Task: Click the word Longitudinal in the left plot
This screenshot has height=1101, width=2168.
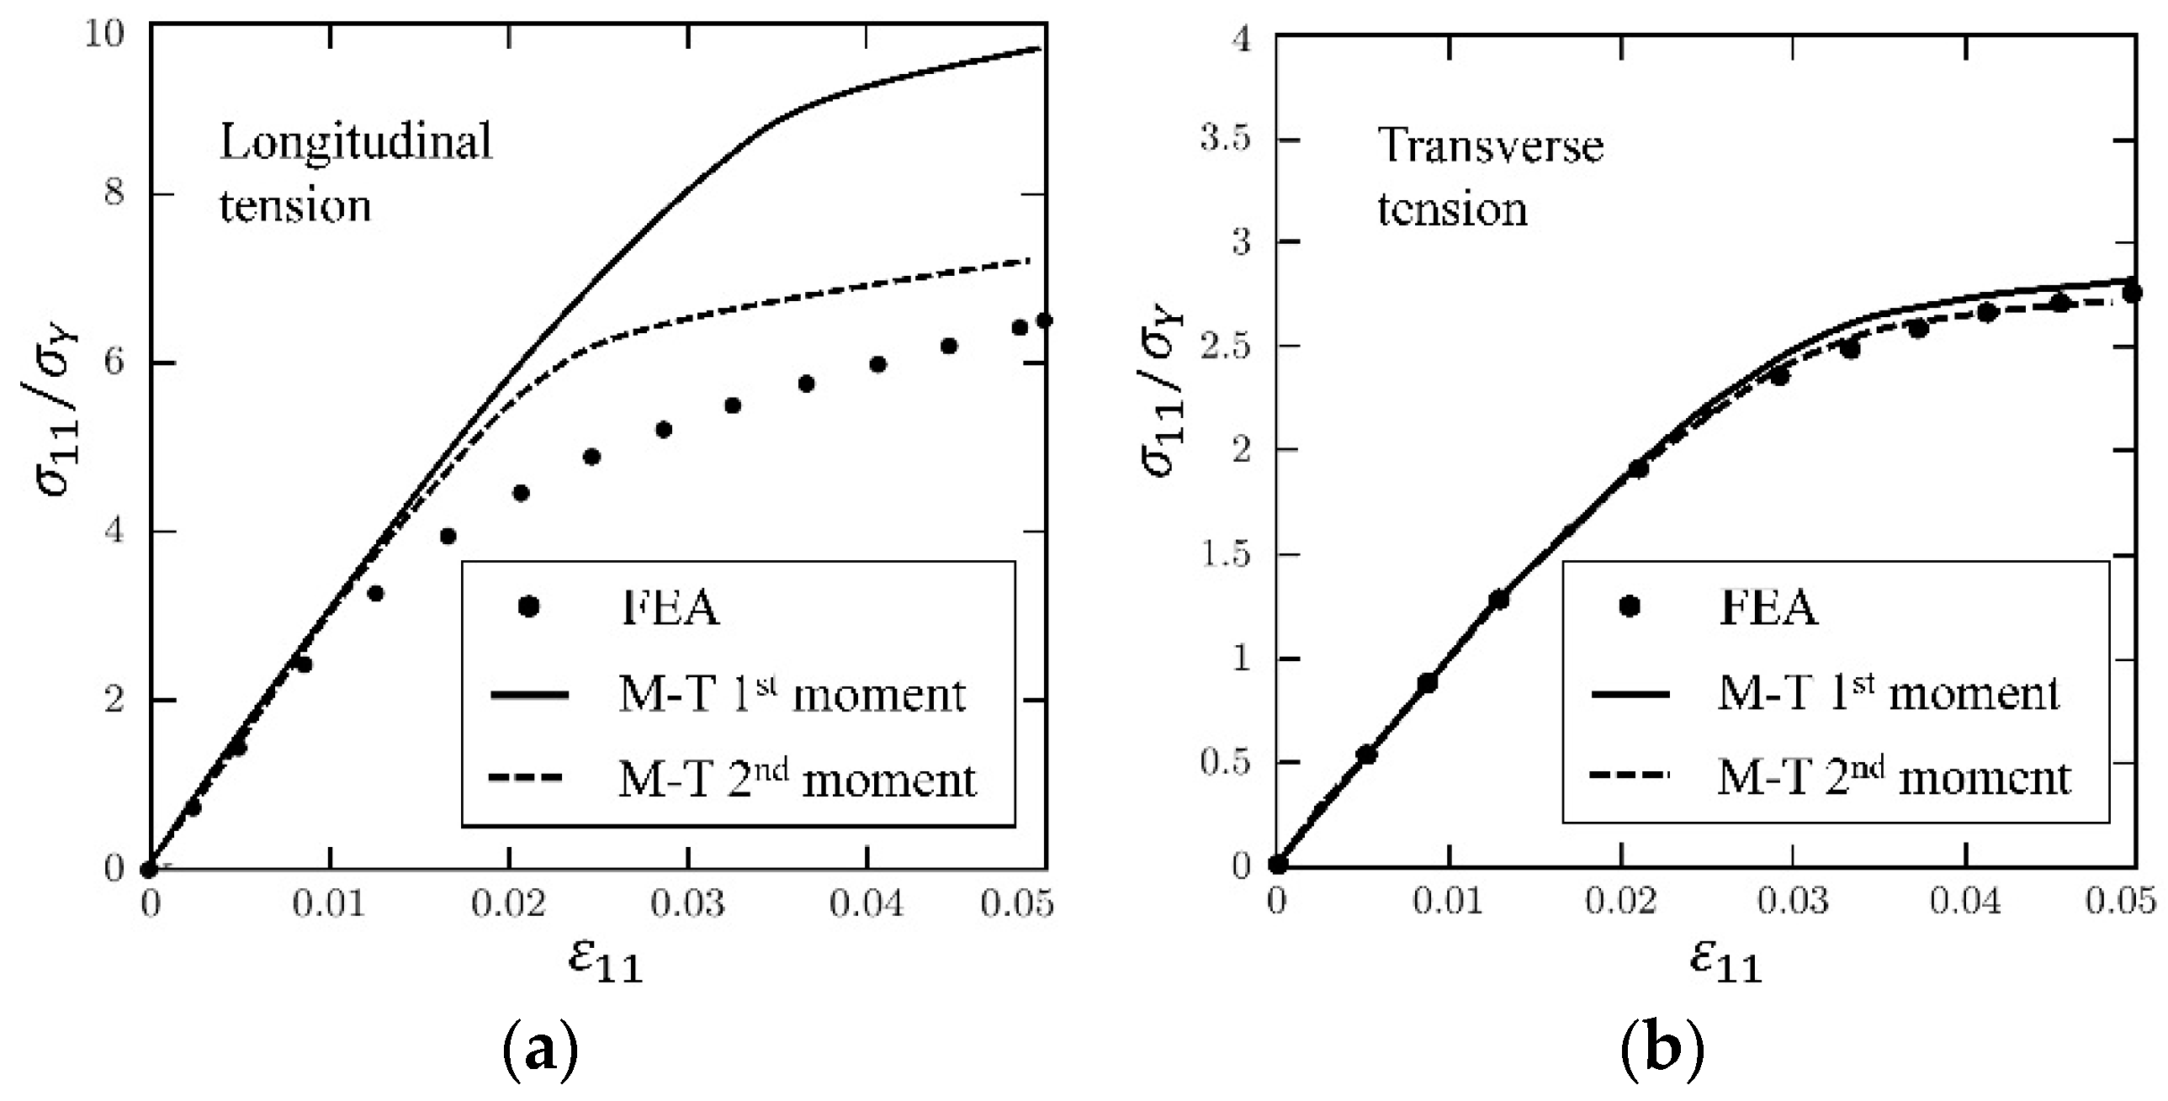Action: (x=356, y=141)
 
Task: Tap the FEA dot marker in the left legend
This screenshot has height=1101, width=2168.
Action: (x=528, y=607)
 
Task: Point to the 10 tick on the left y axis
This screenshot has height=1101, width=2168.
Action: (x=104, y=34)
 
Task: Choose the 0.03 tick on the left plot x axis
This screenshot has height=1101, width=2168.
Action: (x=687, y=903)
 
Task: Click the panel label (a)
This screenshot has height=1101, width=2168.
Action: (x=539, y=1053)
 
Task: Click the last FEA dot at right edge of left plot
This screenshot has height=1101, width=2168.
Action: (x=1043, y=320)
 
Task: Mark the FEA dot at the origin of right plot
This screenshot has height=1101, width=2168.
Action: (x=1277, y=864)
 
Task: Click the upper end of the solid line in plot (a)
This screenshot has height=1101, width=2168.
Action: (x=1040, y=49)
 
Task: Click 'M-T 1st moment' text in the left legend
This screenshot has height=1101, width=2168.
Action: (x=791, y=695)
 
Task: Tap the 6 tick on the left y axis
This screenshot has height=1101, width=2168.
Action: (x=114, y=363)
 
